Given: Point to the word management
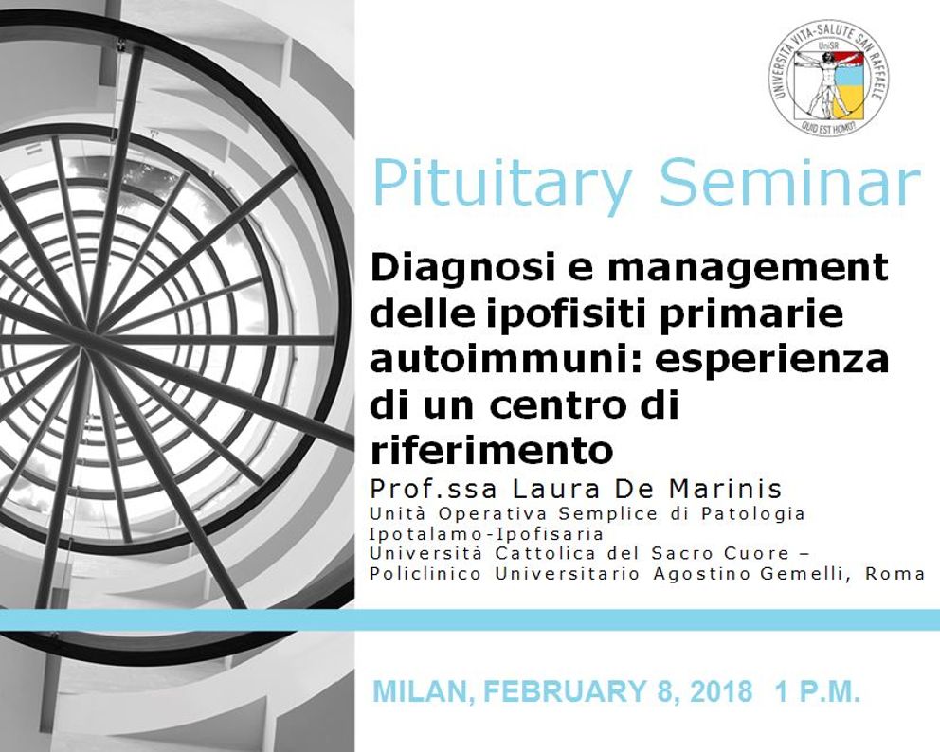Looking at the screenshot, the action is [x=748, y=270].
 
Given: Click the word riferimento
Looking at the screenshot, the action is [x=492, y=450].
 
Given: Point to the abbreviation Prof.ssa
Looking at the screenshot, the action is [x=433, y=489].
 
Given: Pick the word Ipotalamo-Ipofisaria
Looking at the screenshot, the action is [x=486, y=534].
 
